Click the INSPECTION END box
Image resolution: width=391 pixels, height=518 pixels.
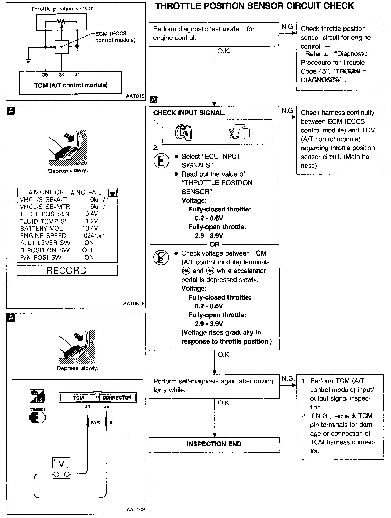[214, 444]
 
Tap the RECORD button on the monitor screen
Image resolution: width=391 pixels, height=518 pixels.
[67, 270]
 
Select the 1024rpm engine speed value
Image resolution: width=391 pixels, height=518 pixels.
[93, 236]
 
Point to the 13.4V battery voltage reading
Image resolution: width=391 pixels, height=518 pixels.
[90, 228]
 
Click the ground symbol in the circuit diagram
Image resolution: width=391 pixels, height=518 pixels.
[28, 61]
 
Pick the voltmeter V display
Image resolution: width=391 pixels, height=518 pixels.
[61, 463]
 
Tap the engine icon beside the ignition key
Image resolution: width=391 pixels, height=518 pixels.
[240, 132]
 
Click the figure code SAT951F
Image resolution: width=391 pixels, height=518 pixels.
[134, 304]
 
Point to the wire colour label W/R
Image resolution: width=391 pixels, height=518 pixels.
[95, 422]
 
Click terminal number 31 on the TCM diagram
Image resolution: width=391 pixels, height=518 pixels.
[77, 74]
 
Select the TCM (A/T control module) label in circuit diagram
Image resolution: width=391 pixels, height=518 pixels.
[71, 85]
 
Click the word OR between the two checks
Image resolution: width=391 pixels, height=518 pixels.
[215, 244]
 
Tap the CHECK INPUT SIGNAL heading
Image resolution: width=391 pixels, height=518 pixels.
[189, 113]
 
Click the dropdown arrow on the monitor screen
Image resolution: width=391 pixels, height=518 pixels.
[112, 193]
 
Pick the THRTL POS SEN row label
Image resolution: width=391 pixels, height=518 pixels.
[45, 214]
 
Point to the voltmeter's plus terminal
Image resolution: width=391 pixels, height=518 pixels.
[67, 474]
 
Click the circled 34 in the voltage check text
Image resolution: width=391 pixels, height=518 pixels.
[186, 271]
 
